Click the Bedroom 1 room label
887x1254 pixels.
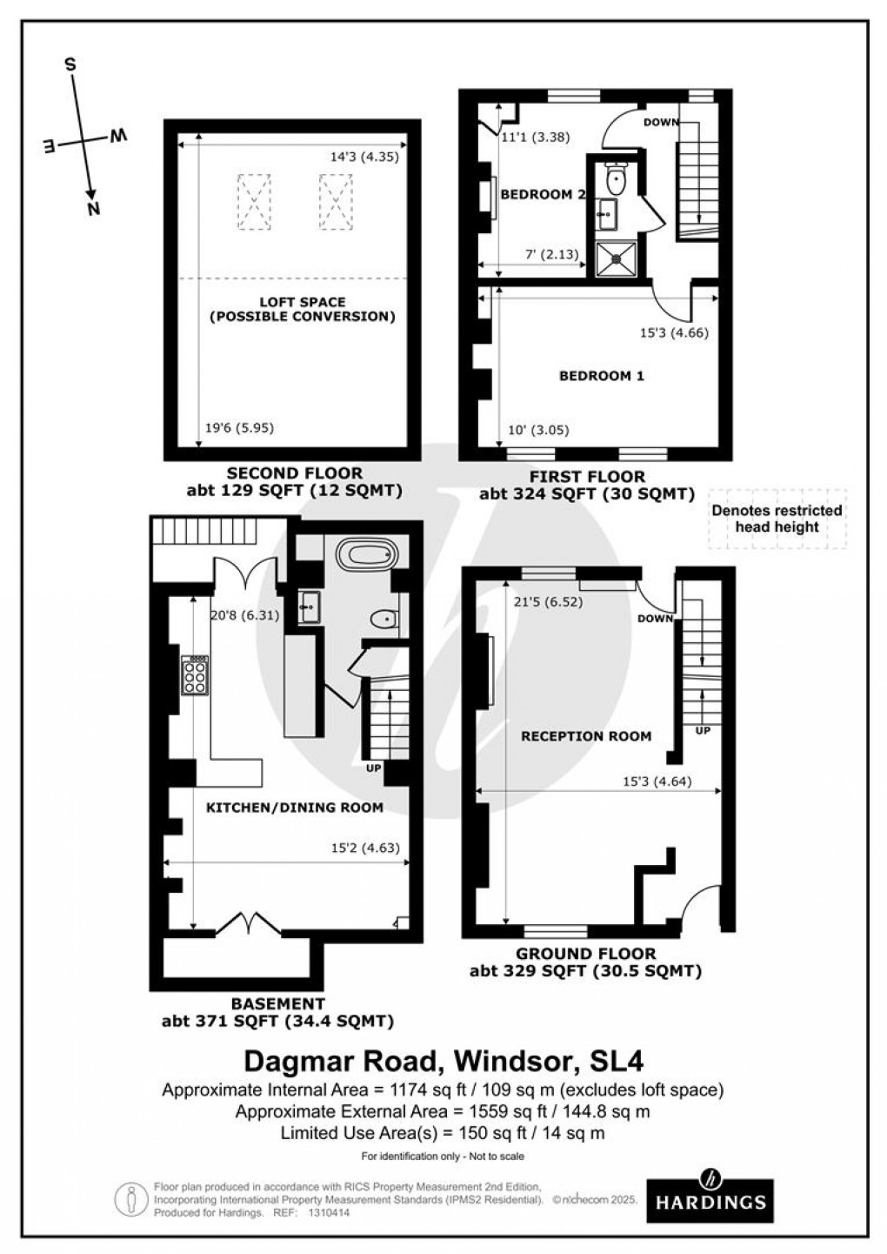pyautogui.click(x=601, y=376)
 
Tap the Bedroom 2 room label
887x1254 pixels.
pyautogui.click(x=542, y=194)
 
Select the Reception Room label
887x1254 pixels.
pyautogui.click(x=585, y=736)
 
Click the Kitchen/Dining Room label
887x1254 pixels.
pyautogui.click(x=294, y=808)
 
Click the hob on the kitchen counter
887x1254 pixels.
pyautogui.click(x=195, y=674)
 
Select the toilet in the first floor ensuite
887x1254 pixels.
pyautogui.click(x=617, y=181)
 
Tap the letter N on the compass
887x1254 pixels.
pyautogui.click(x=93, y=207)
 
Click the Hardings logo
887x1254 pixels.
pyautogui.click(x=711, y=1192)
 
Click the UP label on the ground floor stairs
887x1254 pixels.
pyautogui.click(x=703, y=731)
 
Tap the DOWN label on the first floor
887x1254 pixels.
pyautogui.click(x=661, y=122)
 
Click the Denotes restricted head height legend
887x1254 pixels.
pyautogui.click(x=777, y=519)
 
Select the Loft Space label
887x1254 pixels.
pyautogui.click(x=302, y=309)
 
